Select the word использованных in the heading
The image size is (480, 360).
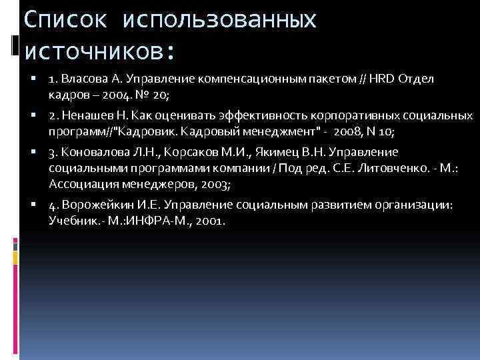click(x=219, y=21)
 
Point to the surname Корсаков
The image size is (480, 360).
click(x=194, y=151)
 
